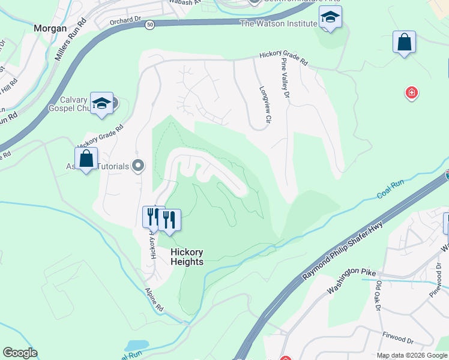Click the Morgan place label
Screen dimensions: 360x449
(50, 28)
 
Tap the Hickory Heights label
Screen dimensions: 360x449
(187, 257)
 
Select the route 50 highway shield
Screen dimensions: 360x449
(150, 25)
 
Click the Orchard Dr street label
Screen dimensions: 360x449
(125, 20)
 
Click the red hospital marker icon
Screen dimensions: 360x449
(412, 93)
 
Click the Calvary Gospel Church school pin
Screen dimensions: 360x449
(102, 103)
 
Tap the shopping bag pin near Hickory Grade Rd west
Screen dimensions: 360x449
(86, 159)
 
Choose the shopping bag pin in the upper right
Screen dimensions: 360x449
(405, 43)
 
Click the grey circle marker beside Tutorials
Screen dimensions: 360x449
(139, 166)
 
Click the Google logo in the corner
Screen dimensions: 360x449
(20, 353)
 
